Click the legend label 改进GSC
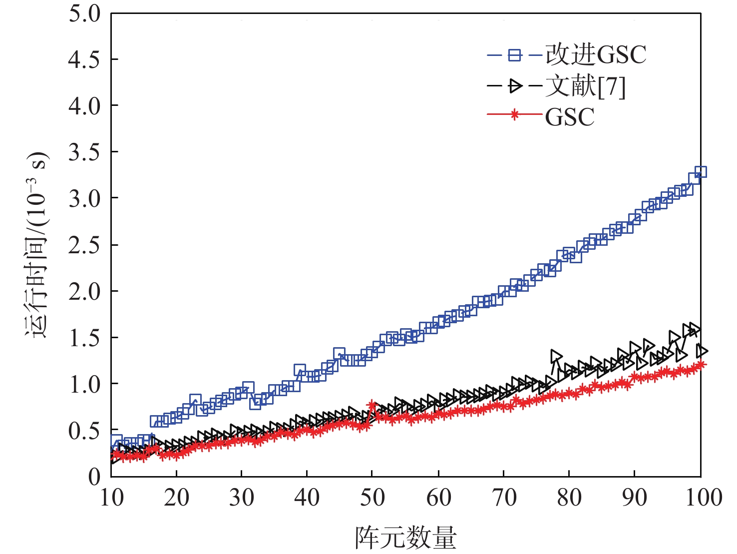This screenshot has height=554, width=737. pyautogui.click(x=596, y=54)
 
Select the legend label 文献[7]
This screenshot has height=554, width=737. pyautogui.click(x=585, y=86)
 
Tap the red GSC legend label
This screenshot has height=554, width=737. pyautogui.click(x=570, y=117)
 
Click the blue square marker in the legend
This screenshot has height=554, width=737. pyautogui.click(x=514, y=54)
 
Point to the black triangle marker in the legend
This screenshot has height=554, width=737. pyautogui.click(x=514, y=86)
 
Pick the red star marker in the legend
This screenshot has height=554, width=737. pyautogui.click(x=514, y=115)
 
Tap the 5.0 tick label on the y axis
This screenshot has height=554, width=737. pyautogui.click(x=84, y=13)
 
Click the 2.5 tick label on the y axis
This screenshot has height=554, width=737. pyautogui.click(x=84, y=245)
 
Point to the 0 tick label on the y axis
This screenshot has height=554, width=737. pyautogui.click(x=94, y=477)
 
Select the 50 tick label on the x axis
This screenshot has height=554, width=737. pyautogui.click(x=372, y=498)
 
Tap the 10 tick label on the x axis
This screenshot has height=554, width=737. pyautogui.click(x=111, y=498)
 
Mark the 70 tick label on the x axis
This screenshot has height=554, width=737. pyautogui.click(x=504, y=498)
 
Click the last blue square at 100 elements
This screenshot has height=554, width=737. pyautogui.click(x=701, y=172)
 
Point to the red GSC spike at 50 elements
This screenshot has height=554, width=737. pyautogui.click(x=371, y=405)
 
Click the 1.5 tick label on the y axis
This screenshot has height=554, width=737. pyautogui.click(x=84, y=338)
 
